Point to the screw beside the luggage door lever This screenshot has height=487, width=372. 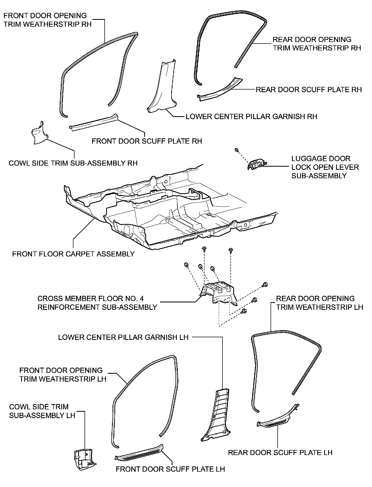237,150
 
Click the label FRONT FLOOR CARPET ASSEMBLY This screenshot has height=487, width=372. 73,254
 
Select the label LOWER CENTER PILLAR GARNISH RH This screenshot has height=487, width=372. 251,116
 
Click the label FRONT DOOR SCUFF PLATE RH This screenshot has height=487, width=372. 147,141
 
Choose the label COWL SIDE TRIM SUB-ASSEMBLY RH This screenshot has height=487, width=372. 73,163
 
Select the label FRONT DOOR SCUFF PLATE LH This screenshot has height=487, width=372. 170,469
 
